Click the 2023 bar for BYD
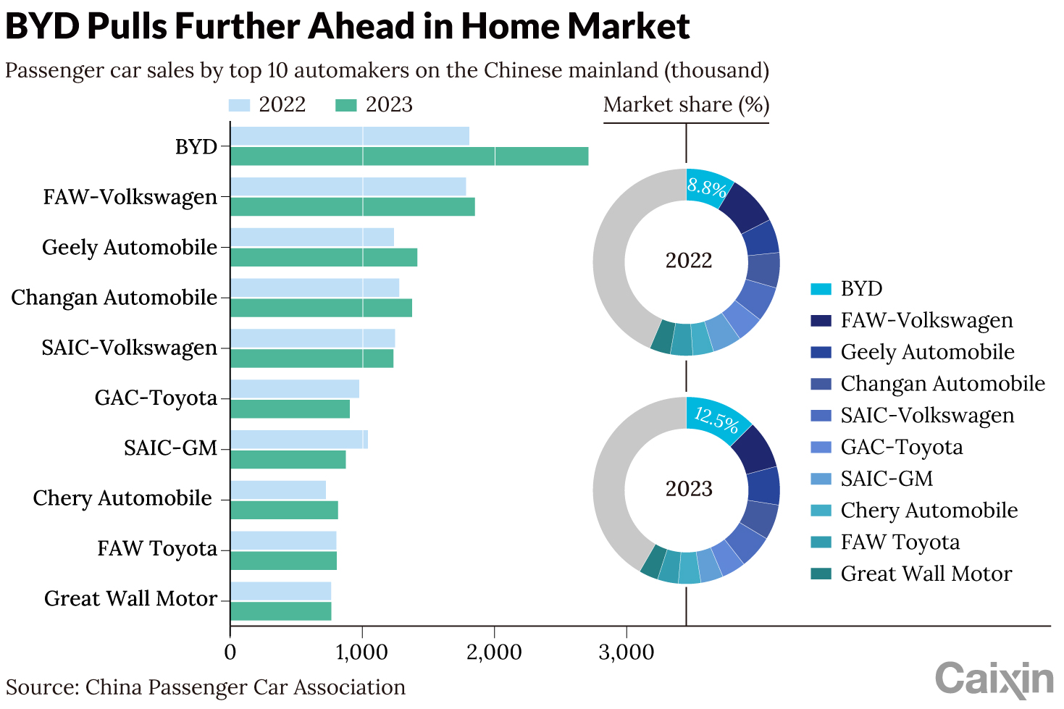409,156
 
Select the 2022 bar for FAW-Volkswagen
348,187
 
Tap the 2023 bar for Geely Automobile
324,257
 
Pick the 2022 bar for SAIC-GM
298,439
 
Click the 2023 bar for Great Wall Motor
280,611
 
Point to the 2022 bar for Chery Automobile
278,490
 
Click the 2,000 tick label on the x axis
494,652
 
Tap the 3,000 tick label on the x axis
627,652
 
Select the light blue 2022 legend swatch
239,105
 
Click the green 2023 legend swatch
346,105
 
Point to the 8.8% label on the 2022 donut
706,188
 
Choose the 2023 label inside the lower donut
689,489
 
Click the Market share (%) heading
686,105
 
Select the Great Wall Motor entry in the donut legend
926,574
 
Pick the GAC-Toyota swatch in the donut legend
821,448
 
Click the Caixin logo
994,679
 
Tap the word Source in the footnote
41,687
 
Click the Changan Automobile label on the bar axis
114,298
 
